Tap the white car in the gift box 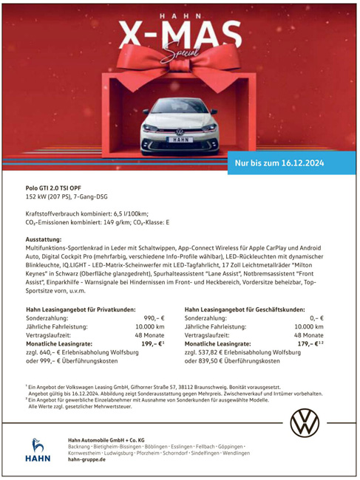click(x=180, y=121)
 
